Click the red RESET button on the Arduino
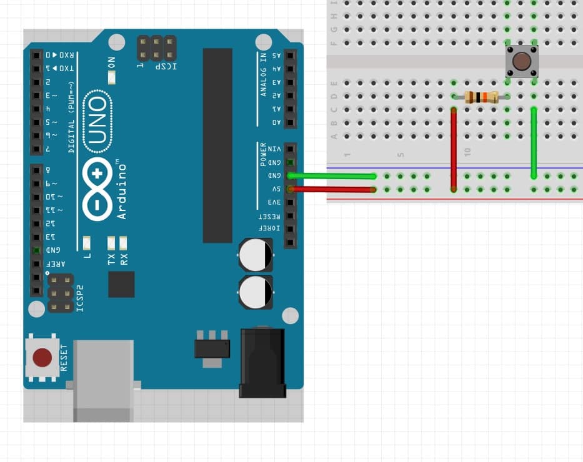click(42, 358)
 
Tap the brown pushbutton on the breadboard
click(521, 62)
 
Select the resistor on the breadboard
click(482, 97)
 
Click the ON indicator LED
click(112, 77)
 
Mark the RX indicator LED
click(123, 242)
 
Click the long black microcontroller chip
click(217, 145)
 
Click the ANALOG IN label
click(263, 74)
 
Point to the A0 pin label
click(276, 122)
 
